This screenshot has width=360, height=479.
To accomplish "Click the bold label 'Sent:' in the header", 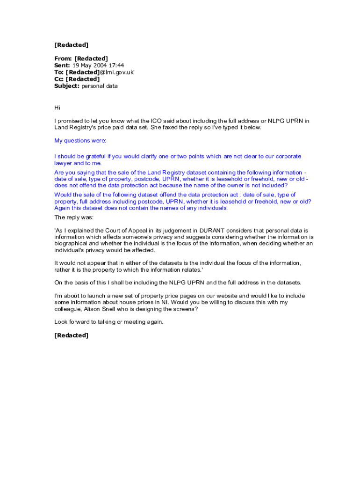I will click(x=62, y=65).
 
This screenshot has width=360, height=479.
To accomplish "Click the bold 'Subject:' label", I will click(x=67, y=86).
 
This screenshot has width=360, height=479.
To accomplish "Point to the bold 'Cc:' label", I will click(x=59, y=79).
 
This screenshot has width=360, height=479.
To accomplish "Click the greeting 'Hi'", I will click(x=58, y=108).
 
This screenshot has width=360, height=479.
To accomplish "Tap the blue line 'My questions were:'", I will click(x=80, y=141).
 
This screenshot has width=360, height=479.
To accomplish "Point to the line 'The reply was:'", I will click(x=74, y=218).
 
